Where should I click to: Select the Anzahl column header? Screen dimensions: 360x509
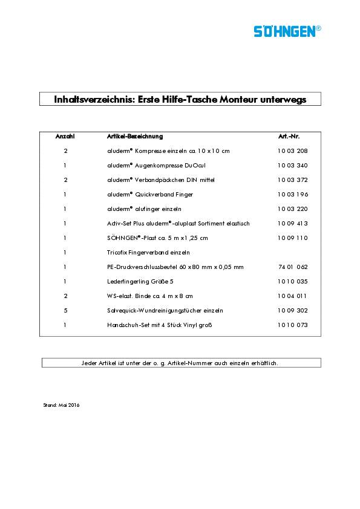[65, 137]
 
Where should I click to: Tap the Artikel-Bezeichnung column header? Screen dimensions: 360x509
[134, 137]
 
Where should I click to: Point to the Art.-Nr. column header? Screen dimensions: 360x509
[288, 137]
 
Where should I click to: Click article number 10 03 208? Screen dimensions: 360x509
[293, 151]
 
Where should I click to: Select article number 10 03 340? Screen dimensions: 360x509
[293, 165]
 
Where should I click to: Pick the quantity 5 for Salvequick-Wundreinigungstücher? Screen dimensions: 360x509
[65, 310]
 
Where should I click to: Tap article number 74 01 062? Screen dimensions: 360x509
[293, 267]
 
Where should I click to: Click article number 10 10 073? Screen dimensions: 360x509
[293, 325]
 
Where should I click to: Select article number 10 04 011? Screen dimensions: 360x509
[293, 296]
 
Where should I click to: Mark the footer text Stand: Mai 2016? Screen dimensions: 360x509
[62, 405]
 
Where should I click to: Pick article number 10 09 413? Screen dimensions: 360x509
[293, 223]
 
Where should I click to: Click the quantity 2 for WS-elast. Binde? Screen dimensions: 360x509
[65, 296]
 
